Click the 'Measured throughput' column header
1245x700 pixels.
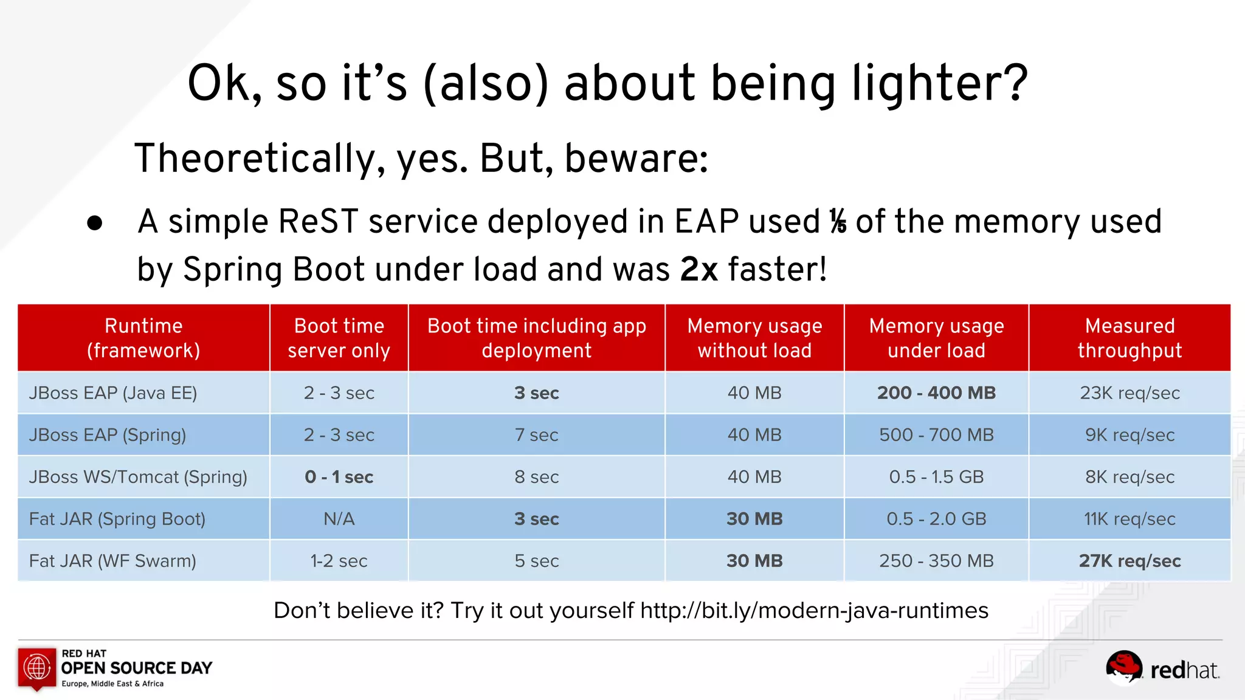click(1129, 338)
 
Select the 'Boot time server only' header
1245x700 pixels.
click(339, 338)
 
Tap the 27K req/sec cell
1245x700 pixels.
click(1129, 561)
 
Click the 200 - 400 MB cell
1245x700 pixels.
click(936, 393)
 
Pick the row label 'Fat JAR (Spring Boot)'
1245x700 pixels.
click(117, 519)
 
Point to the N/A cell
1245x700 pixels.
click(339, 519)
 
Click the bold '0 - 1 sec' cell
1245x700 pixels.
click(339, 477)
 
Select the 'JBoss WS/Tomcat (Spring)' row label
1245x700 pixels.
click(138, 477)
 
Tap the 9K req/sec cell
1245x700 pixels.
click(1129, 435)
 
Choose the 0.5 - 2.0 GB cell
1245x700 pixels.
click(936, 519)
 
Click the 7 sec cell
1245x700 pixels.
click(536, 435)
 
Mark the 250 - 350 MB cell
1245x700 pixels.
click(936, 561)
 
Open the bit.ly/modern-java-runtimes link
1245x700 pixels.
click(814, 610)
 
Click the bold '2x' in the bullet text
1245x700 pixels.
click(699, 269)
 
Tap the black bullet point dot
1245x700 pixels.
click(95, 223)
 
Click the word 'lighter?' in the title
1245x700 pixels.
click(939, 84)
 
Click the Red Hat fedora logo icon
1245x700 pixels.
click(1123, 667)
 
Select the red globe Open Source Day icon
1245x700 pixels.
click(37, 668)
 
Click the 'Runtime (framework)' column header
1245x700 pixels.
click(143, 338)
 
